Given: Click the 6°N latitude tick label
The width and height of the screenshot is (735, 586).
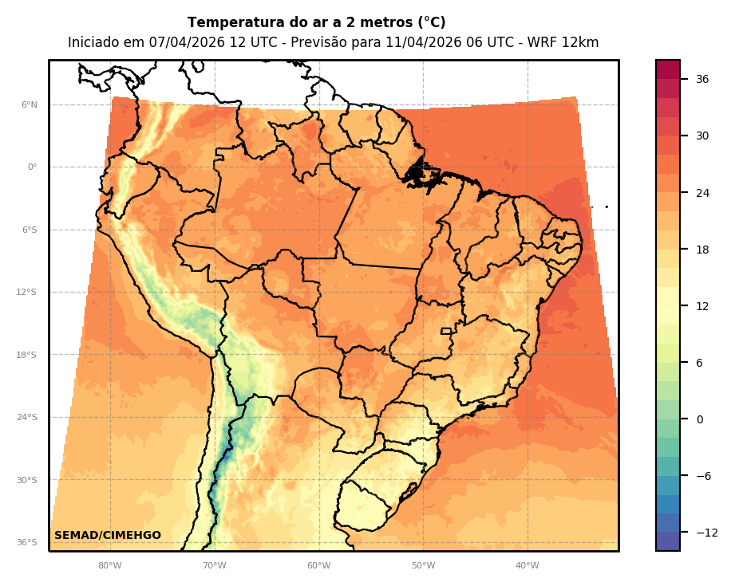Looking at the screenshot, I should point(29,104).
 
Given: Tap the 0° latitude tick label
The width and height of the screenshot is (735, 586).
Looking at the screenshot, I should point(32,167).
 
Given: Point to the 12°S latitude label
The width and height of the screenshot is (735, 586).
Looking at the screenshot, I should point(26,293).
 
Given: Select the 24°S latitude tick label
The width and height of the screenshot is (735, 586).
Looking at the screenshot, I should point(26,418).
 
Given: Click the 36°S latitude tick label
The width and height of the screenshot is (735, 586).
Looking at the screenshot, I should point(26,543).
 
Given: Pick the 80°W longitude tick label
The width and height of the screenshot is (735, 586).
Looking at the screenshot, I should point(109,566).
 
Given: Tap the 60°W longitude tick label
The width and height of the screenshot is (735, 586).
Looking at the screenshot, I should point(318,566).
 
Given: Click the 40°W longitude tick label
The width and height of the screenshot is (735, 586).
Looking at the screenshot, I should point(527,566).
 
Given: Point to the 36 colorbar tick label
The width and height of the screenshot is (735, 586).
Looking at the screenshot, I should point(702,79).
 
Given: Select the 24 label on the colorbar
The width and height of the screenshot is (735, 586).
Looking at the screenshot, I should point(702,193).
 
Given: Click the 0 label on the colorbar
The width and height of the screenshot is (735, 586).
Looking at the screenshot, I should point(699,419).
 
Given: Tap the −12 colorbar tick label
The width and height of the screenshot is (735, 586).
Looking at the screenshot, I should point(705,533).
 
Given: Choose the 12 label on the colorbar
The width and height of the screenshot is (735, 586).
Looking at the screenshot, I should point(702,306).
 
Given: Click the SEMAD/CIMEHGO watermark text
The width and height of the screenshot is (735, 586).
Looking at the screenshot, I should point(107,536).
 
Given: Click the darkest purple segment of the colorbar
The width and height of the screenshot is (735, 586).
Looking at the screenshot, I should point(668,541).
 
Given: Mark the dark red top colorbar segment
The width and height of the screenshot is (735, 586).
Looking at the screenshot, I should point(668,69).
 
